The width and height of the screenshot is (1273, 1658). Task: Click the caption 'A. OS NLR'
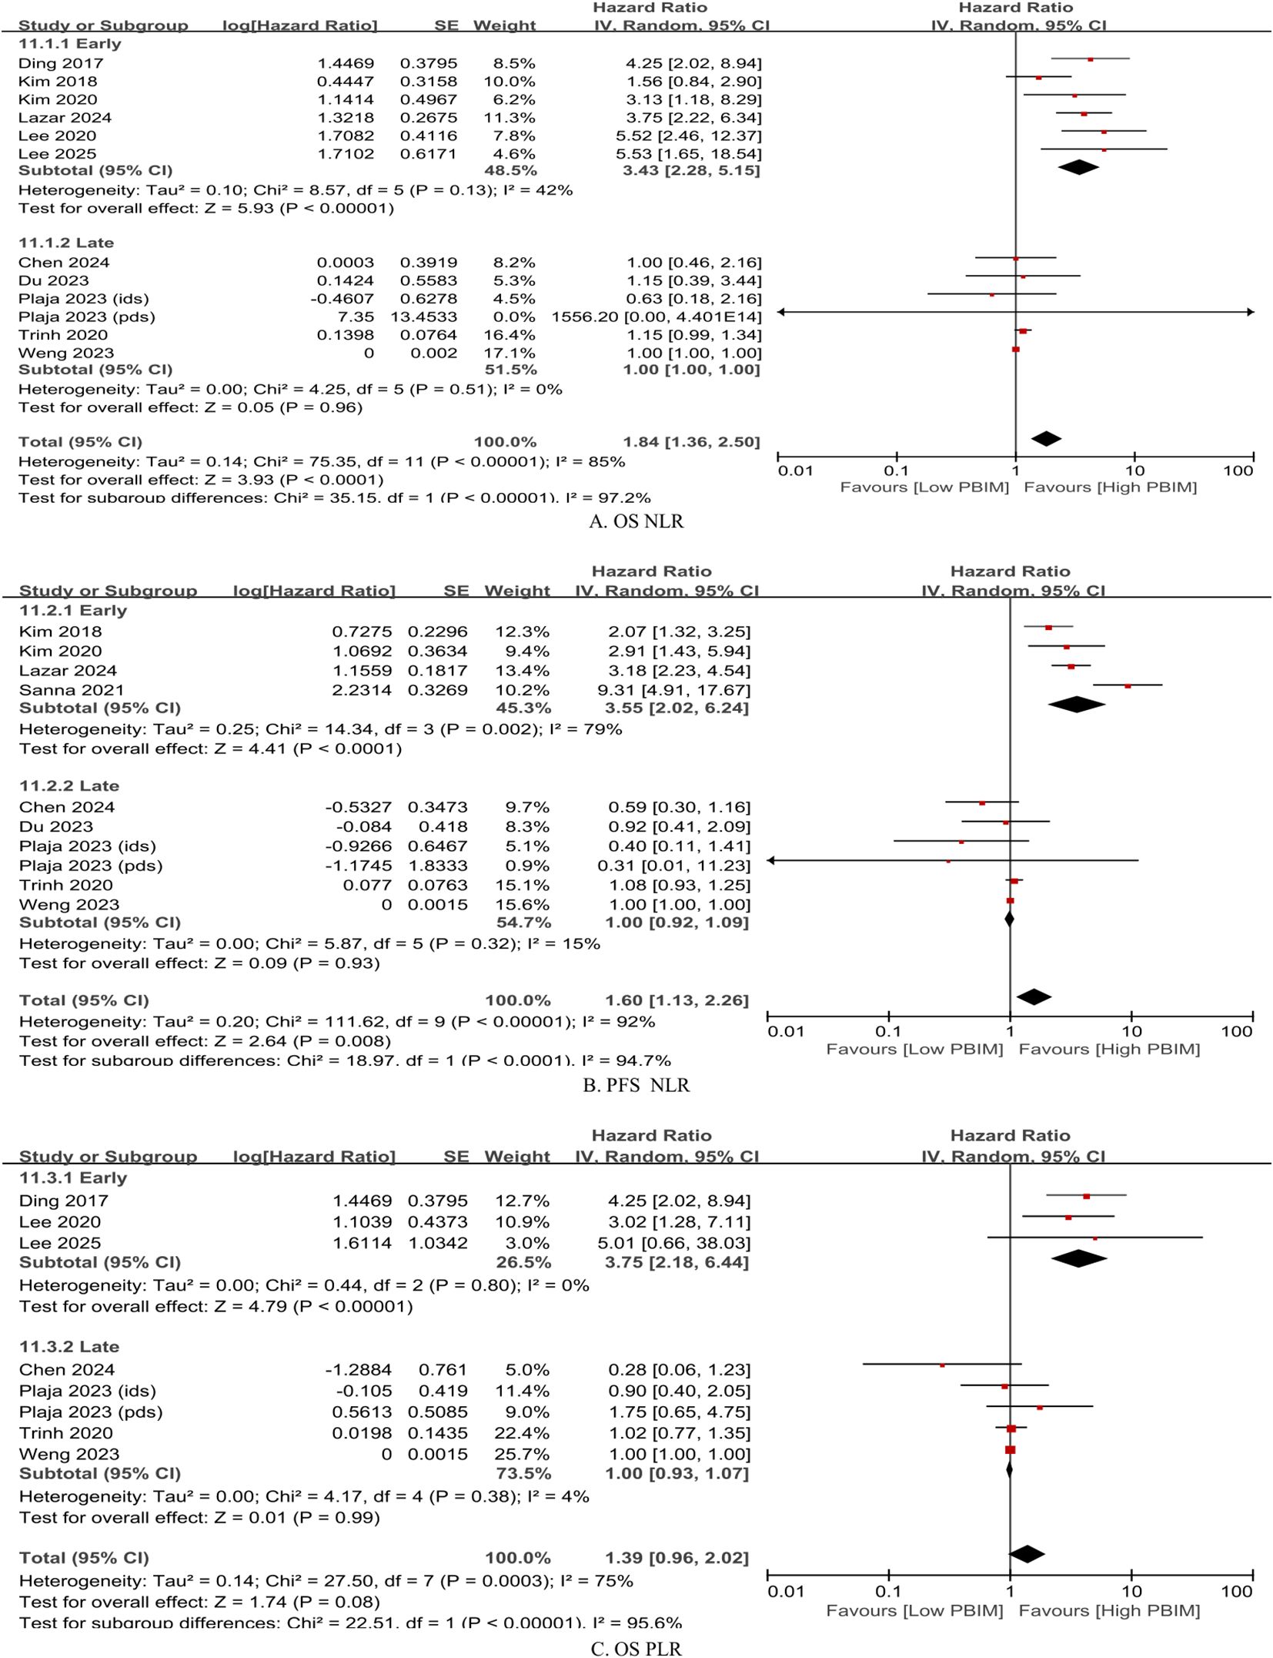pyautogui.click(x=636, y=521)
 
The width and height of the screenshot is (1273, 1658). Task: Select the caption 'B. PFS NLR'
pyautogui.click(x=636, y=1085)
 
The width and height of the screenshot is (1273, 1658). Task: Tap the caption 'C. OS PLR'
pyautogui.click(x=636, y=1648)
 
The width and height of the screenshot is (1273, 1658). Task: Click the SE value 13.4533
pyautogui.click(x=428, y=317)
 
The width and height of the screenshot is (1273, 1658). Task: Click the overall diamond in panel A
pyautogui.click(x=1047, y=439)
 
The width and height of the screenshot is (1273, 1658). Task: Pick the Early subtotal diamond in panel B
pyautogui.click(x=1076, y=704)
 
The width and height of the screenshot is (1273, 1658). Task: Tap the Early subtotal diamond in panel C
pyautogui.click(x=1078, y=1258)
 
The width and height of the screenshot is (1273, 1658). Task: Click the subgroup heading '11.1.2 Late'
pyautogui.click(x=66, y=243)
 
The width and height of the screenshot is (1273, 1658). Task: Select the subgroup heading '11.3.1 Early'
pyautogui.click(x=73, y=1177)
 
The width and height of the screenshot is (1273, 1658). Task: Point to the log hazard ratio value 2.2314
pyautogui.click(x=362, y=690)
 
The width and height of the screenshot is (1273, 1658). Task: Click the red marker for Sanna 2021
pyautogui.click(x=1128, y=685)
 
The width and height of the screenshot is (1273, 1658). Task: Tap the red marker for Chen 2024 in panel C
pyautogui.click(x=942, y=1365)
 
